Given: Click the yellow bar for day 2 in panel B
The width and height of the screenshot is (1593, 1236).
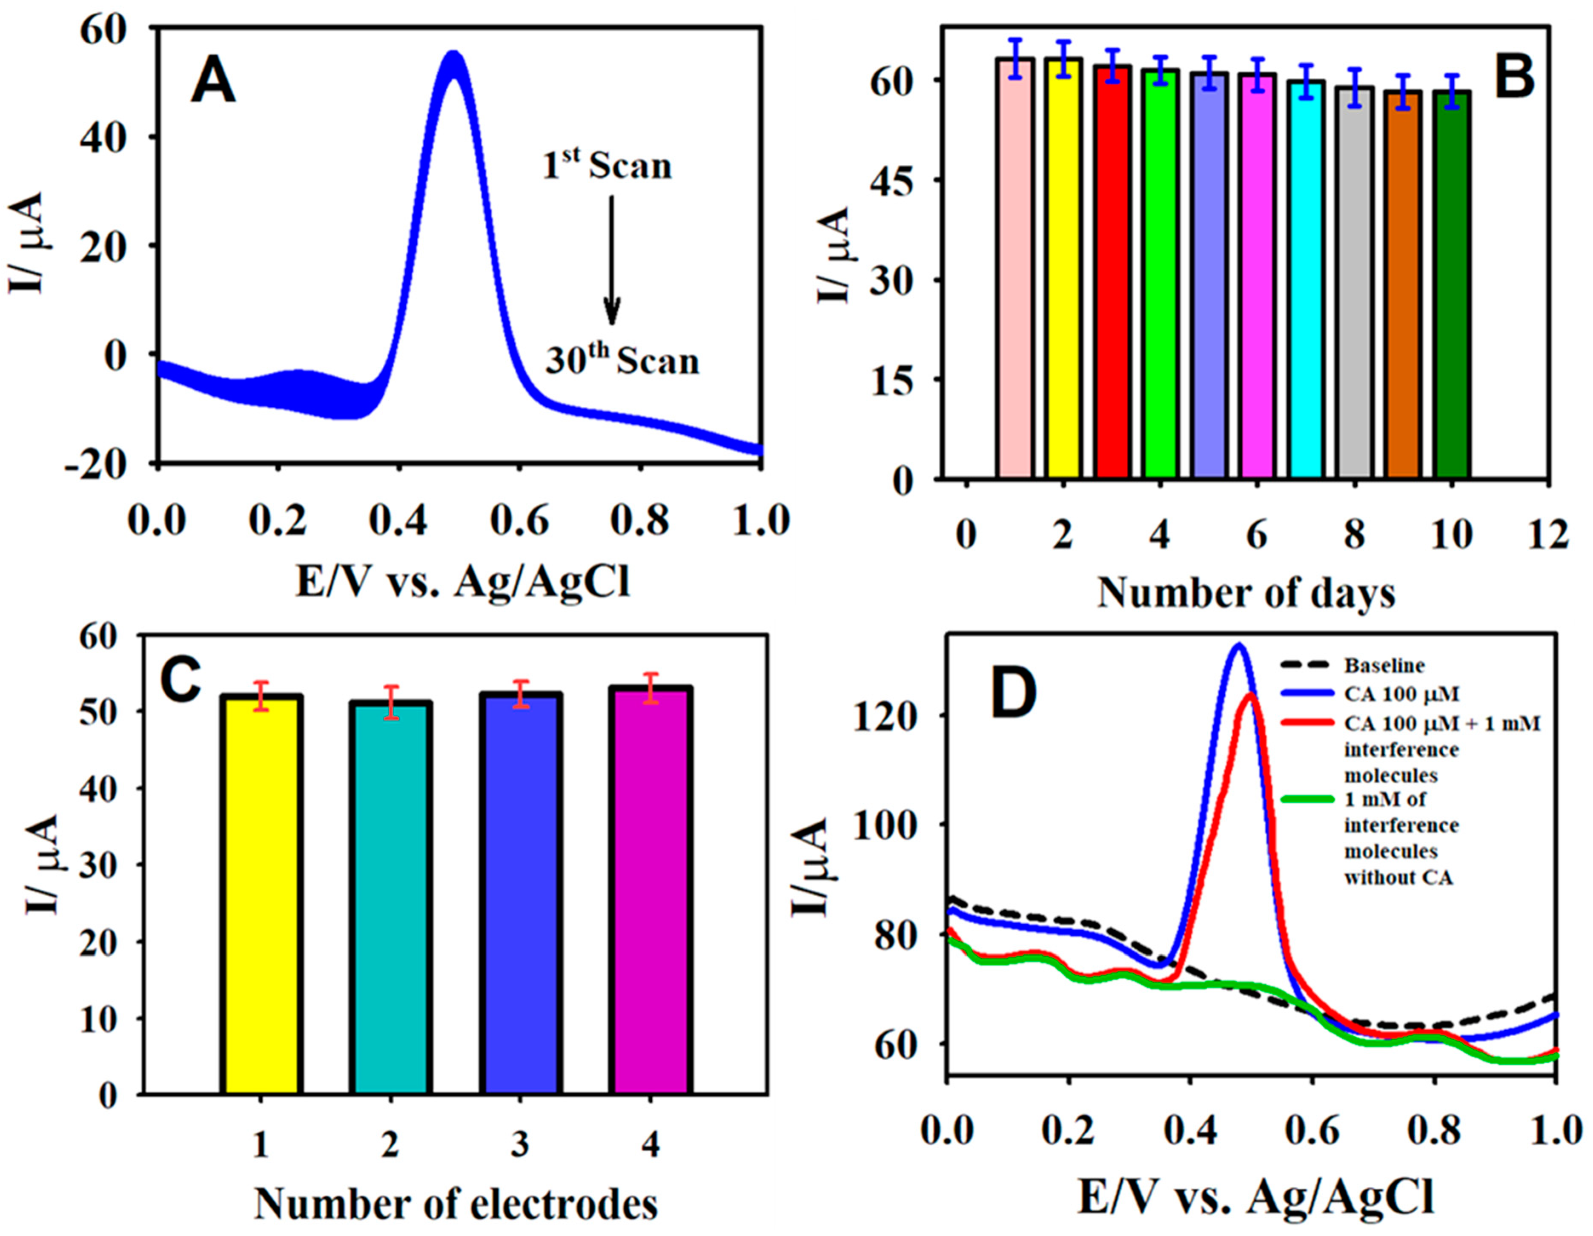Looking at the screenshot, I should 1063,270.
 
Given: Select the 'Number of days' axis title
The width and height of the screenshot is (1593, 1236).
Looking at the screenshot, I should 1246,593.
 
